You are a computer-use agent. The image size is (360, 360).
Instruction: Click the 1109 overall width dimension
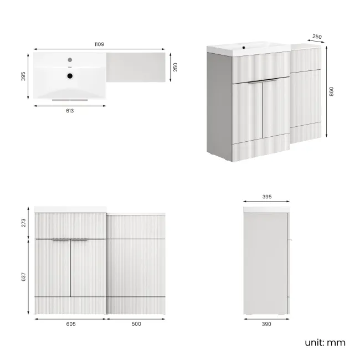pyautogui.click(x=100, y=44)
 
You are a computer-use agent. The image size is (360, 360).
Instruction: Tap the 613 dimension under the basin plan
pyautogui.click(x=69, y=110)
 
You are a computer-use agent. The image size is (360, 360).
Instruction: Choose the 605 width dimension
pyautogui.click(x=70, y=324)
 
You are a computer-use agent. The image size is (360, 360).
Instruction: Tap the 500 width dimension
pyautogui.click(x=136, y=324)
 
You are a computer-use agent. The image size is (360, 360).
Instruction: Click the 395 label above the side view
pyautogui.click(x=267, y=196)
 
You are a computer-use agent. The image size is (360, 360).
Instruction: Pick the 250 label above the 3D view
pyautogui.click(x=316, y=37)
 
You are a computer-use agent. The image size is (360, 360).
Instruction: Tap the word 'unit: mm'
pyautogui.click(x=325, y=342)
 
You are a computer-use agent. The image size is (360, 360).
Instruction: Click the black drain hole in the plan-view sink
pyautogui.click(x=70, y=76)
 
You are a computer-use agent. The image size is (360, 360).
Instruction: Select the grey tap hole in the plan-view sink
pyautogui.click(x=70, y=59)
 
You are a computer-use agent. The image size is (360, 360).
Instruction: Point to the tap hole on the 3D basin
pyautogui.click(x=244, y=48)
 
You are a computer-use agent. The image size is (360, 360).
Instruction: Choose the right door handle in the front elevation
pyautogui.click(x=80, y=240)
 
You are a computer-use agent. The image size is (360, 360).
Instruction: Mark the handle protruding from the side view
pyautogui.click(x=290, y=240)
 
